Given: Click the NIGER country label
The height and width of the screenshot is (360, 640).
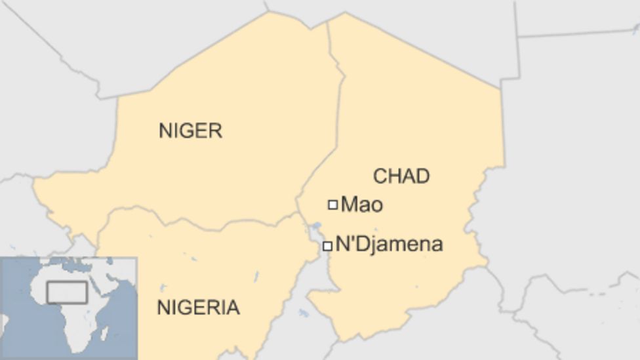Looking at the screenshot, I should coord(190,130).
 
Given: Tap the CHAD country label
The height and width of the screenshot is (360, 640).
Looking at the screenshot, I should coord(401,176).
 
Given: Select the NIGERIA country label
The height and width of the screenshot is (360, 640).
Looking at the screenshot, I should coord(198,307).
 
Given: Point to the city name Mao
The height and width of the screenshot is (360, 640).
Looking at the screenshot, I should coord(362,205).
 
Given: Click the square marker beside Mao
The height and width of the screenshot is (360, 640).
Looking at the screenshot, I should coord(332,205).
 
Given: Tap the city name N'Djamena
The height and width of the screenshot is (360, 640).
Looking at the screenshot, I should coord(389,245).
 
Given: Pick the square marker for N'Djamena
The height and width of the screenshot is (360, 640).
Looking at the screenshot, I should coord(327,246).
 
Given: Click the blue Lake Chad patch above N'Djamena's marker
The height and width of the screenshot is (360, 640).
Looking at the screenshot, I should coord(315,228).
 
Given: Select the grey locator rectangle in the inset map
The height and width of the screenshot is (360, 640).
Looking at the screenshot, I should coord(67,292).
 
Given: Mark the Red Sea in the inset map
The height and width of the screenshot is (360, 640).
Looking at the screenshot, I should coord(96,285).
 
